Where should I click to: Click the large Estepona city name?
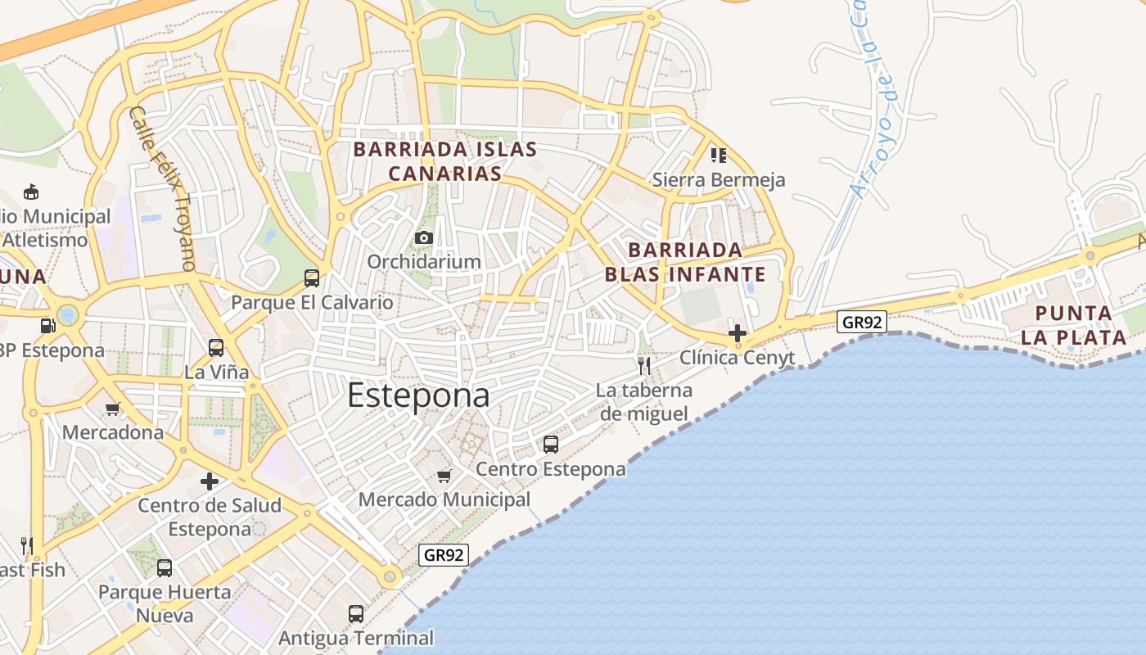click(x=418, y=395)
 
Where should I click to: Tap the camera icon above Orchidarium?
click(x=423, y=237)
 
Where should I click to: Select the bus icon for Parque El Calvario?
click(x=312, y=278)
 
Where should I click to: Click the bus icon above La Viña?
click(x=216, y=348)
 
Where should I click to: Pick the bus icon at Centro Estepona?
click(x=551, y=445)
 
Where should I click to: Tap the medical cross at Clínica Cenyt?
click(x=737, y=333)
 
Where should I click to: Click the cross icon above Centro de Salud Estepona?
click(x=210, y=481)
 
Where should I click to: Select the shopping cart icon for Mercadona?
click(x=113, y=409)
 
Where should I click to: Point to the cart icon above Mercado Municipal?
click(x=444, y=476)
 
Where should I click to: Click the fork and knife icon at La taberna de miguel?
click(x=644, y=365)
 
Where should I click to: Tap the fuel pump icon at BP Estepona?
click(x=48, y=326)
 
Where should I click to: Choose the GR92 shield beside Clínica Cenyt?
click(x=863, y=322)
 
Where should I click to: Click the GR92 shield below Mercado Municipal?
click(x=444, y=554)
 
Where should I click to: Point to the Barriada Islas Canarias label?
click(x=444, y=161)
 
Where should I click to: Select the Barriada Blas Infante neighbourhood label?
click(x=685, y=262)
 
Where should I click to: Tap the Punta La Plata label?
click(x=1073, y=325)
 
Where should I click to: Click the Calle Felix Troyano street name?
click(x=162, y=188)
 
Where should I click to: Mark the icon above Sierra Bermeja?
click(x=719, y=155)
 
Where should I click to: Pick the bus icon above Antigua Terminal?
click(x=355, y=613)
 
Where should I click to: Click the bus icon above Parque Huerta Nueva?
click(x=165, y=567)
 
